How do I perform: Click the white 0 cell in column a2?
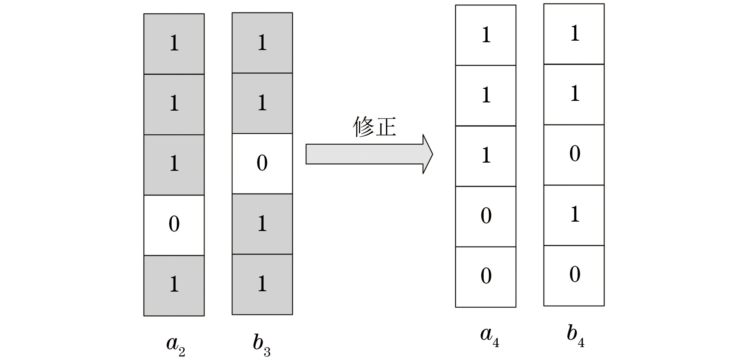click(x=174, y=225)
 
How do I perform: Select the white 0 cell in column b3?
click(x=262, y=163)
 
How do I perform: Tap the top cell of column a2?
click(x=174, y=44)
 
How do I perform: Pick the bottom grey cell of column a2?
click(x=174, y=285)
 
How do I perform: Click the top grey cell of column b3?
click(x=262, y=43)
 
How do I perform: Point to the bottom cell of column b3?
click(x=262, y=284)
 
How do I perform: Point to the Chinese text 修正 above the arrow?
click(x=374, y=127)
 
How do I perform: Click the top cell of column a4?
click(x=486, y=35)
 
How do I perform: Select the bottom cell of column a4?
click(x=486, y=277)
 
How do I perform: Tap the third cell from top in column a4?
click(x=486, y=156)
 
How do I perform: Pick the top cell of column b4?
click(x=574, y=34)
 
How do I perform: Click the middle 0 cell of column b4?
click(x=574, y=155)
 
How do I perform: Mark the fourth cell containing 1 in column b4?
click(x=574, y=215)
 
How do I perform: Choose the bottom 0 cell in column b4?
click(x=574, y=276)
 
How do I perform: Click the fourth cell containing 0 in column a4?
click(x=486, y=216)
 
